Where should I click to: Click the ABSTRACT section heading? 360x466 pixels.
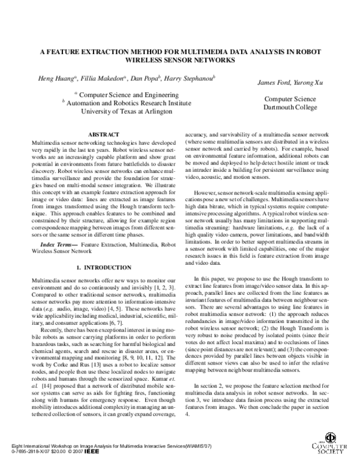[98, 135]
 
